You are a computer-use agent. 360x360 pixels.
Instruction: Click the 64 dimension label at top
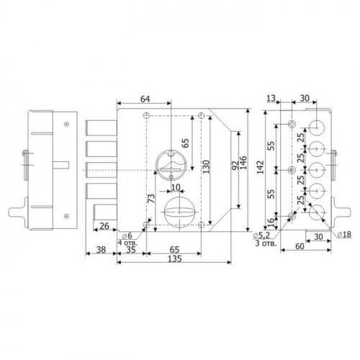(145, 99)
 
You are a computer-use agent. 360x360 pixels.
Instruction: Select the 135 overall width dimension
(175, 259)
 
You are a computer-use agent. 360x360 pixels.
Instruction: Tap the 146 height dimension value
(243, 163)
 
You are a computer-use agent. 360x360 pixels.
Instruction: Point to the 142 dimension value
(260, 167)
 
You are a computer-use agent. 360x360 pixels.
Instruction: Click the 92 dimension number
(235, 165)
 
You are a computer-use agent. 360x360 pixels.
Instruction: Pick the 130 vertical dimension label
(206, 167)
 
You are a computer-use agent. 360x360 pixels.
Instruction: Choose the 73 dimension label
(151, 199)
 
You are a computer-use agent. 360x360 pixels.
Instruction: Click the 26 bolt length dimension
(104, 226)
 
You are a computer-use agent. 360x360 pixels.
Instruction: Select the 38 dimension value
(101, 250)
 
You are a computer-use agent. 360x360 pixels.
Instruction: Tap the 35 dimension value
(131, 250)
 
